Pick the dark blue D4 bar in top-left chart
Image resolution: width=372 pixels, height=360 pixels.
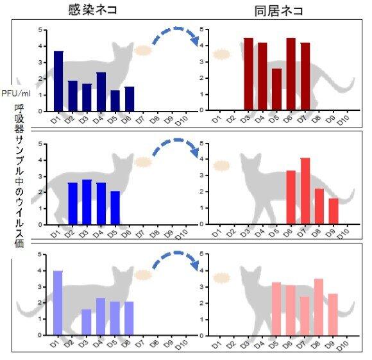(x=101, y=92)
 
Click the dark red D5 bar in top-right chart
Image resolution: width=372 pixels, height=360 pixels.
(x=276, y=90)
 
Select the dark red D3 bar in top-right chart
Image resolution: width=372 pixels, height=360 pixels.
(x=248, y=74)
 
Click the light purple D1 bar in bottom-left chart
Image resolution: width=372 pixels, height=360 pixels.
(x=58, y=303)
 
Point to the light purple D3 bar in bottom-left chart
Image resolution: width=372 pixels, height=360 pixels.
(x=86, y=322)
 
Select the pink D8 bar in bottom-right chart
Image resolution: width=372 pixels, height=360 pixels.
(x=319, y=307)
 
